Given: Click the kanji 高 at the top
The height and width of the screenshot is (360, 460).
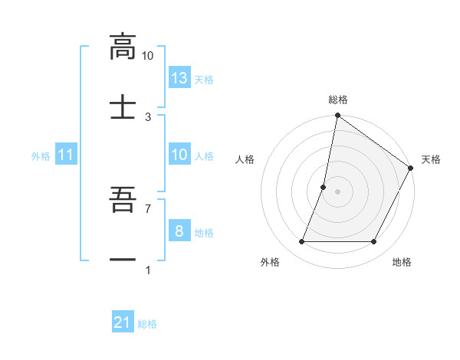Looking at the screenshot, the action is tap(123, 47).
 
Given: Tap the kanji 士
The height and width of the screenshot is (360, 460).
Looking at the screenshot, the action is tap(123, 106).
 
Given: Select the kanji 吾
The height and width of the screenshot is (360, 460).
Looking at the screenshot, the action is tap(123, 201).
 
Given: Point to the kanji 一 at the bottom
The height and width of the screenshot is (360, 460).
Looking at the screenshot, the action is tap(123, 260).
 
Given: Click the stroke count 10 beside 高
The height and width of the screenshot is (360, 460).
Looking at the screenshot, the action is tap(147, 56).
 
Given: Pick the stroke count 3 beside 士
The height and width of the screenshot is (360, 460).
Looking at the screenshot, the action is tap(147, 116).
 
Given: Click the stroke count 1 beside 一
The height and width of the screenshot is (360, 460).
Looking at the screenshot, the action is tap(147, 270).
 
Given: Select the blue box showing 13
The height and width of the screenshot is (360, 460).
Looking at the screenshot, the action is tap(179, 77).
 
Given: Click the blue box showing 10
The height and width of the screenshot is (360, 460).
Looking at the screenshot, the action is tap(179, 155).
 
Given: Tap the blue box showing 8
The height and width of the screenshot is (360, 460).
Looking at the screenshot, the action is tap(179, 231).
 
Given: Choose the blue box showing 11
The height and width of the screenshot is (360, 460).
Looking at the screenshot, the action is tap(66, 155).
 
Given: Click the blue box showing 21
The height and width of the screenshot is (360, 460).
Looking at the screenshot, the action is tap(123, 323).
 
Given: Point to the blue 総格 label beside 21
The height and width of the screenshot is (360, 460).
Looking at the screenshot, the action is tap(147, 324).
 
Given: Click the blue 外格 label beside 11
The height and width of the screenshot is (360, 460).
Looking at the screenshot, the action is tap(41, 155).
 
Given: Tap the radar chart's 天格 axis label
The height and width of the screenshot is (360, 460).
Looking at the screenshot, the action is tap(431, 159).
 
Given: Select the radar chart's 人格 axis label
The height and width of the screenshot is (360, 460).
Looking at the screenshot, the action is tap(245, 159).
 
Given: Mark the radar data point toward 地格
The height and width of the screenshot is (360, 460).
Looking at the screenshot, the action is tap(374, 242).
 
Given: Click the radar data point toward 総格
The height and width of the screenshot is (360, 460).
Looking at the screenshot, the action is tap(337, 116).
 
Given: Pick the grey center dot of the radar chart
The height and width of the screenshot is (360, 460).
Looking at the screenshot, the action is tap(337, 191).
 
